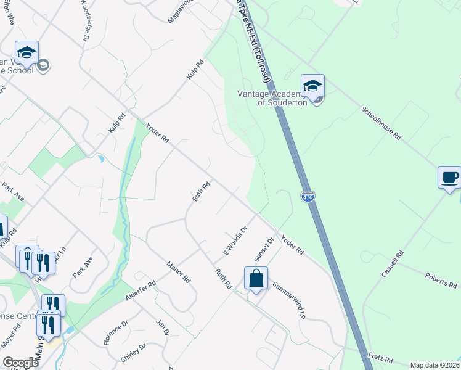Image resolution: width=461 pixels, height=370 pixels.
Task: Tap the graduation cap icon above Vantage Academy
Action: [312, 86]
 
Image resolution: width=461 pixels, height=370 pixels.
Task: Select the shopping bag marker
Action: [256, 279]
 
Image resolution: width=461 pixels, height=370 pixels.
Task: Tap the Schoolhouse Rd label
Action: [381, 125]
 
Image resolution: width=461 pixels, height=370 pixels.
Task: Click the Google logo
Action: [20, 363]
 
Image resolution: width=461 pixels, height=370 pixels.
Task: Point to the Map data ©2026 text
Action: [434, 365]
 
